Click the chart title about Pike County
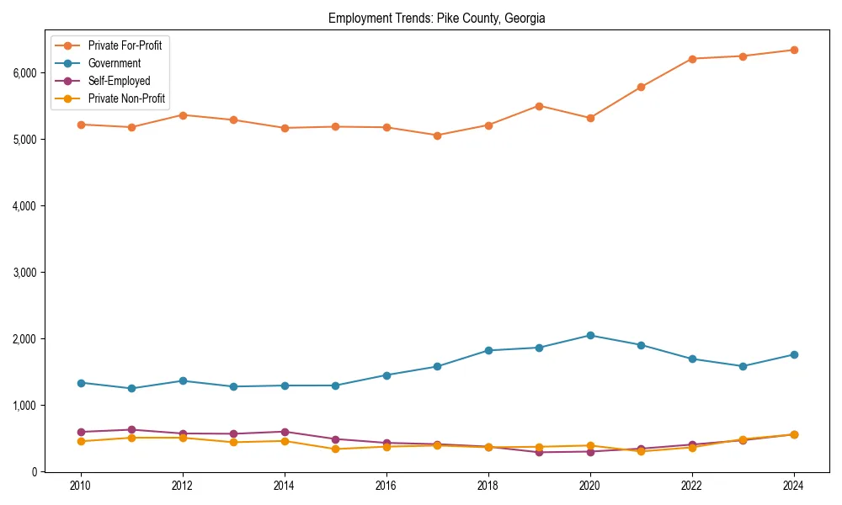tap(436, 18)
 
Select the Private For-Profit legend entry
tap(125, 45)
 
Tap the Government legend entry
tap(115, 63)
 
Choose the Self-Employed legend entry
tap(119, 81)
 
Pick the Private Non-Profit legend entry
tap(126, 98)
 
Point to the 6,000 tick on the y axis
tap(24, 73)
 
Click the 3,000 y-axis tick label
tap(24, 273)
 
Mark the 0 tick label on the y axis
tap(35, 472)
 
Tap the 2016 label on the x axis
tap(386, 486)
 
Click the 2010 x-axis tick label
tap(81, 486)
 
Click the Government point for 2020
tap(590, 335)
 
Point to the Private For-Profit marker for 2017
tap(437, 136)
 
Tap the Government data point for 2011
tap(131, 388)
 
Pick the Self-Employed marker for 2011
tap(131, 429)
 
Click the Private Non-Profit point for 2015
tap(335, 449)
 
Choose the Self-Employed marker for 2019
tap(539, 452)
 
